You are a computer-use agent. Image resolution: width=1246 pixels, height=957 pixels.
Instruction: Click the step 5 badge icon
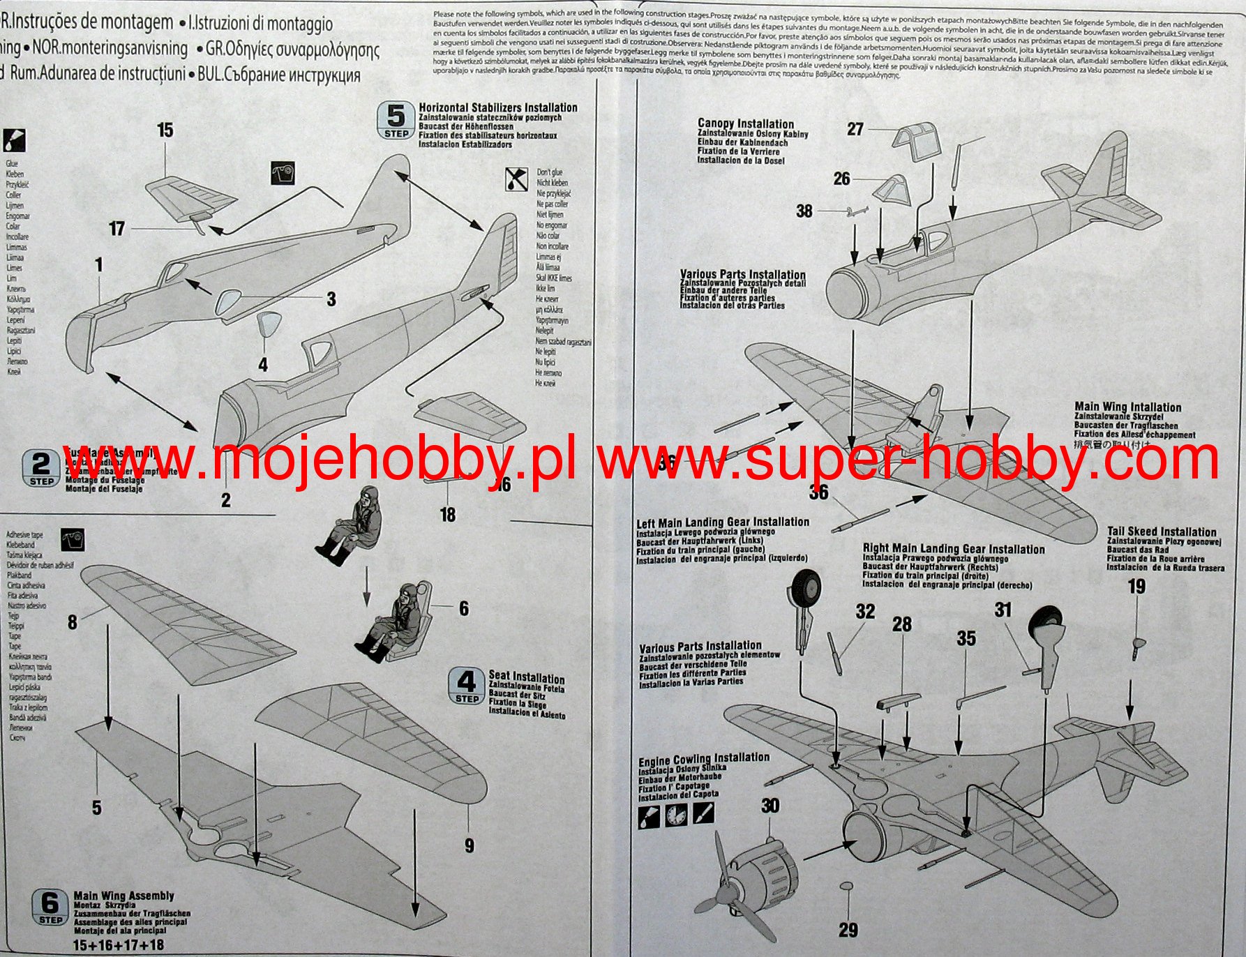click(x=396, y=120)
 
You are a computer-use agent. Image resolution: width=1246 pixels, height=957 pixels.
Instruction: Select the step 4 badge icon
click(x=466, y=686)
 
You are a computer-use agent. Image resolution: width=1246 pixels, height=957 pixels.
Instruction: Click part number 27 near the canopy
click(x=855, y=129)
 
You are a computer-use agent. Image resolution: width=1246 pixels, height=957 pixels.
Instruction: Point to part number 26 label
click(x=842, y=179)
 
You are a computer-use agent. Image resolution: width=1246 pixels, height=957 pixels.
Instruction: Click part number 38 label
click(x=804, y=211)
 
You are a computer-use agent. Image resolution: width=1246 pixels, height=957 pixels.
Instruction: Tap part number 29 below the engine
click(x=848, y=929)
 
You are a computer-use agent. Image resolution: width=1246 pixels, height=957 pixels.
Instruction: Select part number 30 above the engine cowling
click(x=770, y=806)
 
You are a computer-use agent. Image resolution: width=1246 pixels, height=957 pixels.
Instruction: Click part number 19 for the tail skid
click(x=1136, y=587)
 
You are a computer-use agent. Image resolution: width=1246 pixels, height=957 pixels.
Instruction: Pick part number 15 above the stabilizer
click(x=165, y=130)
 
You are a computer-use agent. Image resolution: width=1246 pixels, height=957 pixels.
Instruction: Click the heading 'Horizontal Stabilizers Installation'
click(x=498, y=107)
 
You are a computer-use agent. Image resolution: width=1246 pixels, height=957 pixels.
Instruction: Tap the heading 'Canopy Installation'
click(x=746, y=123)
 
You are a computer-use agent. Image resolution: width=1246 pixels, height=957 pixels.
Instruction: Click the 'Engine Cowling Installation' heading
click(x=704, y=758)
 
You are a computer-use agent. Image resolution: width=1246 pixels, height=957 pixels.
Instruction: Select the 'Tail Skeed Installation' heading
click(x=1162, y=532)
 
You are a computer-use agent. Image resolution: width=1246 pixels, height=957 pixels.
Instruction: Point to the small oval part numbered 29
click(x=846, y=886)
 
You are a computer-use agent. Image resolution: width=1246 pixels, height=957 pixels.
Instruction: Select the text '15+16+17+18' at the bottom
click(x=119, y=945)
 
